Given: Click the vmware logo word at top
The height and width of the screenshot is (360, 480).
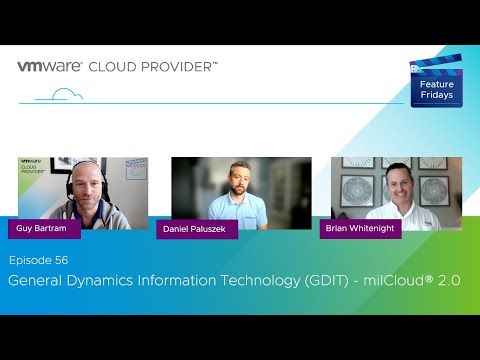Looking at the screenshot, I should point(50,67).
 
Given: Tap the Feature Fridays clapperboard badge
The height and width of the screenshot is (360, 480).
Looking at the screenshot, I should point(435,79).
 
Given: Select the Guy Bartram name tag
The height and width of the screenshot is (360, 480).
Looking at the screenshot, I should point(39,228).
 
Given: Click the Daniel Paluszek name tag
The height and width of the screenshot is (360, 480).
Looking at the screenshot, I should point(196,229).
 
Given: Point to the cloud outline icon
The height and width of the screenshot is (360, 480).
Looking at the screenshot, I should point(66,95).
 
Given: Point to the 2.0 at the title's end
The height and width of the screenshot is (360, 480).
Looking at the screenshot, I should point(449,281).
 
